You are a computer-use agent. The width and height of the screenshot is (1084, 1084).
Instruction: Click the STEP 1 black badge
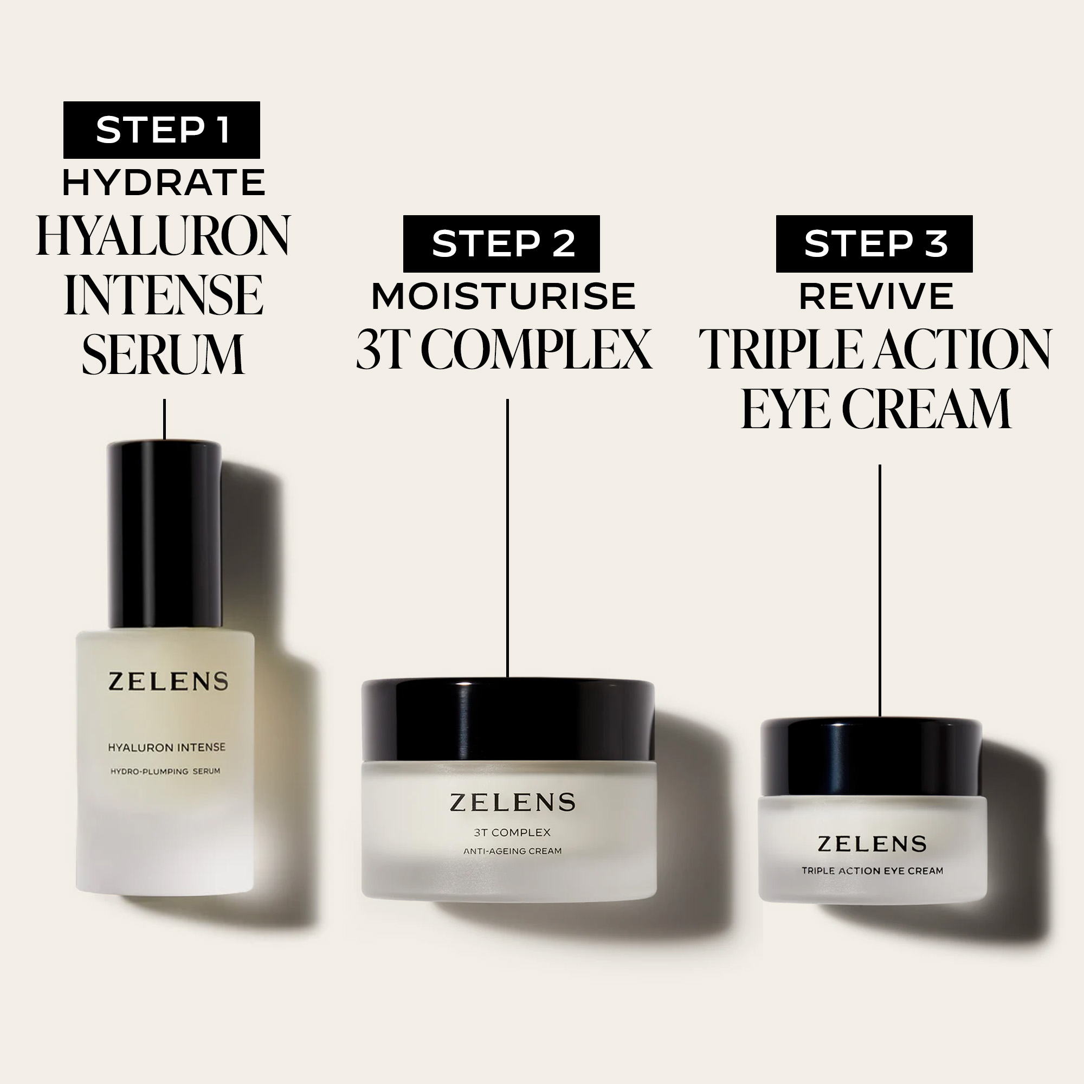click(x=162, y=130)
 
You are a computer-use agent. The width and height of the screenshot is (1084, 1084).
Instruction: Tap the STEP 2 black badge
click(x=501, y=243)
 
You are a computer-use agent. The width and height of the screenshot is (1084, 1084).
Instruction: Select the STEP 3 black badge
click(x=874, y=243)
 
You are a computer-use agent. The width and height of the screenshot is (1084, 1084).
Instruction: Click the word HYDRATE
click(x=163, y=183)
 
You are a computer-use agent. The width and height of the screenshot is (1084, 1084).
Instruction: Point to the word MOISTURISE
click(x=504, y=296)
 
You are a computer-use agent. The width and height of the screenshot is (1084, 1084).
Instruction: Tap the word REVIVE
click(x=876, y=296)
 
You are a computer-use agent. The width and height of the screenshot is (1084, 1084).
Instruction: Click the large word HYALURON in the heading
click(x=163, y=236)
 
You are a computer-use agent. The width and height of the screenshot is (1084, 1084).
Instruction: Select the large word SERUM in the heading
click(x=163, y=354)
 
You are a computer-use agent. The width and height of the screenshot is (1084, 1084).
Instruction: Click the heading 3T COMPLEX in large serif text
click(x=504, y=350)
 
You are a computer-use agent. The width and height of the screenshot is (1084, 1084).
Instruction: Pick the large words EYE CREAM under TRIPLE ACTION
click(x=876, y=409)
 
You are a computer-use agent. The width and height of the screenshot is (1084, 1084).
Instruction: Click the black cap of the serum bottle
click(x=164, y=533)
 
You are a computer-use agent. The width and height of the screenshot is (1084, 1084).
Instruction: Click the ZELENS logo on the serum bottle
click(x=168, y=682)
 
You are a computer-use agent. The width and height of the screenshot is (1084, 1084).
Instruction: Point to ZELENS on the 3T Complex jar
click(x=512, y=802)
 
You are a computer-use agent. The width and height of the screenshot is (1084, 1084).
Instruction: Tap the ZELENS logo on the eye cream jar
click(x=872, y=844)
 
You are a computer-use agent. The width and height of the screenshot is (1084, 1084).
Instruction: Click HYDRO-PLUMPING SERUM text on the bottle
click(x=165, y=771)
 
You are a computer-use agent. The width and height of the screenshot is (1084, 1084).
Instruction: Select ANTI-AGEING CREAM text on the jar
click(x=512, y=851)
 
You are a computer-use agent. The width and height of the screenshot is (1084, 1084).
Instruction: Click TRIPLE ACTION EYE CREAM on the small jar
click(x=872, y=871)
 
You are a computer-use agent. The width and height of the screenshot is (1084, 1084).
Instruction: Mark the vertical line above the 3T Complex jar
click(x=507, y=539)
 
